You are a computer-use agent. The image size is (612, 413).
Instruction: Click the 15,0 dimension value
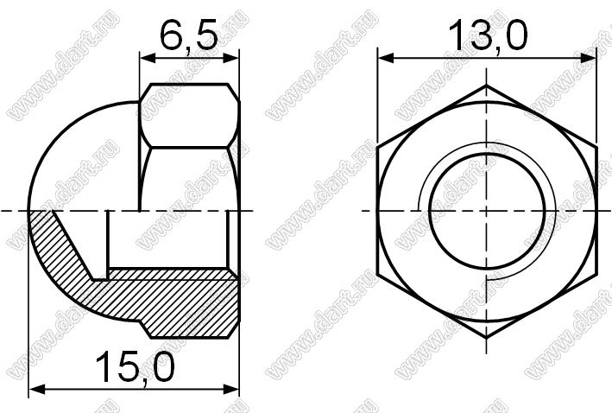coord(135,368)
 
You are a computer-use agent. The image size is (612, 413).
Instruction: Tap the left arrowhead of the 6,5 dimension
coord(148,59)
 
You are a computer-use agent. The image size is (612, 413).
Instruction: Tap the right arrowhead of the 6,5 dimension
coord(230,59)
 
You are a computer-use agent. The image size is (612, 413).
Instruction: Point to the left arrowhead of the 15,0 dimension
coord(37,389)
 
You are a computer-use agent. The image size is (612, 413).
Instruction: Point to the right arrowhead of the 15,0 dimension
coord(230,389)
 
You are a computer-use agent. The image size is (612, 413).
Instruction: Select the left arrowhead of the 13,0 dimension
coord(386,59)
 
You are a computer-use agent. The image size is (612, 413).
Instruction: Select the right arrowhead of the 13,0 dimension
coord(588,59)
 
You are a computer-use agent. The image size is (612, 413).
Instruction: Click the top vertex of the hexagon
coord(486,86)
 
